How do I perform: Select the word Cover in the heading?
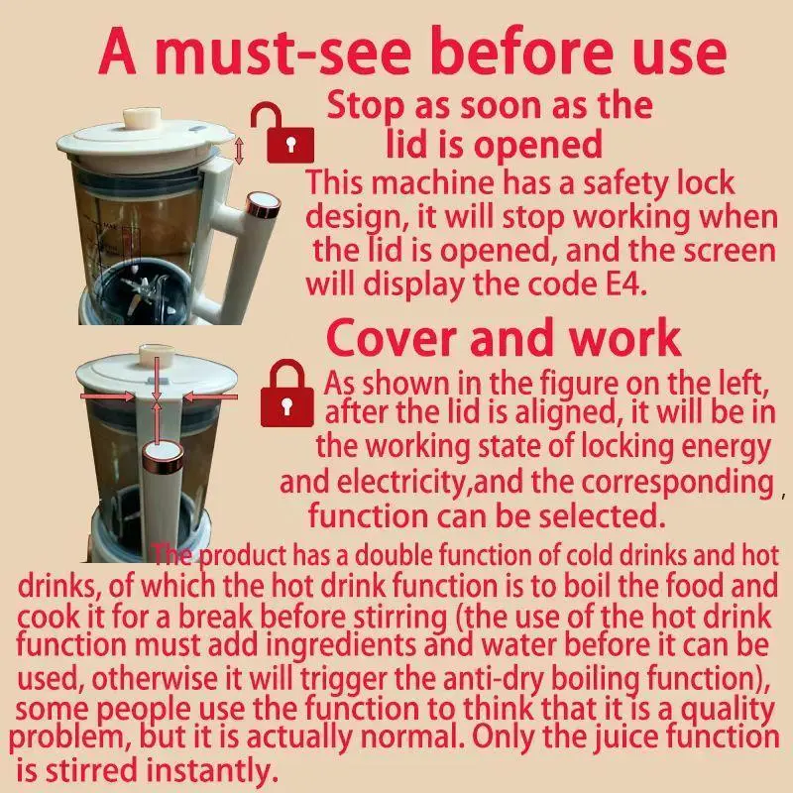click(x=393, y=338)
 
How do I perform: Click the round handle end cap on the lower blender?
click(x=164, y=456)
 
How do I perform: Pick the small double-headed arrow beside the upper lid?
click(x=239, y=151)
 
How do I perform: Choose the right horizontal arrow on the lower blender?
click(x=210, y=397)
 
